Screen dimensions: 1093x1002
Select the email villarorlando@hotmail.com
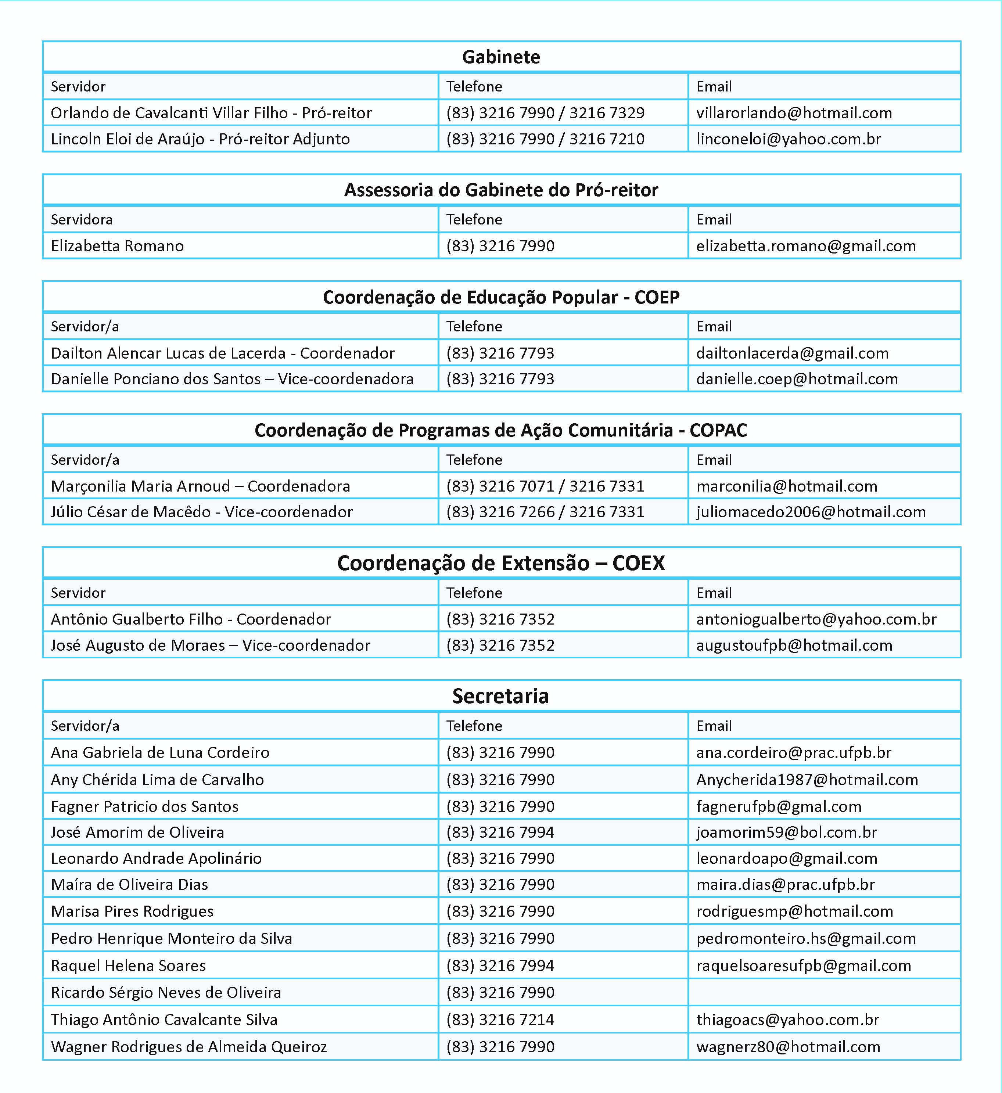[x=794, y=113]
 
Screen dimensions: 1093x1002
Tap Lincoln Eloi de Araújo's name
[x=200, y=139]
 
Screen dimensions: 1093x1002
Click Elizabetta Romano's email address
[x=806, y=246]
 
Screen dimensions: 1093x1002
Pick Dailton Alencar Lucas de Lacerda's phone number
[x=500, y=353]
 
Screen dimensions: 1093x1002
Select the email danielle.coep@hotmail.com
[x=797, y=379]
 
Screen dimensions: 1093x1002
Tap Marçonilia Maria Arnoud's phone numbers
[x=545, y=486]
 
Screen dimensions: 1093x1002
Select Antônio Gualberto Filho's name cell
[x=191, y=619]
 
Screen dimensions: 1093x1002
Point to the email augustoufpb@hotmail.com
[x=794, y=645]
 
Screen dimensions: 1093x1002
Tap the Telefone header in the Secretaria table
[x=474, y=726]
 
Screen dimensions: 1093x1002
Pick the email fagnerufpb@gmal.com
[x=779, y=807]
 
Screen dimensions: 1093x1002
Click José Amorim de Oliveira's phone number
[x=500, y=832]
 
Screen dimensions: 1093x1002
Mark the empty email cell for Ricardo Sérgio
[x=824, y=992]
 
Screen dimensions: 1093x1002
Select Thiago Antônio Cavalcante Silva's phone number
[x=500, y=1020]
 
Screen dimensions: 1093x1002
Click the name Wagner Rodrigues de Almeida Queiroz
[x=189, y=1047]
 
